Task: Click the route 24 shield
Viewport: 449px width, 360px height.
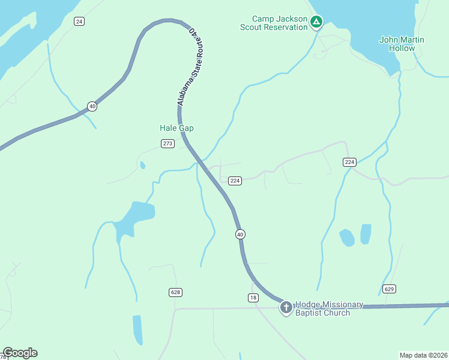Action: click(x=79, y=22)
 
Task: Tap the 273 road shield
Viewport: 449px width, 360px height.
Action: click(x=167, y=143)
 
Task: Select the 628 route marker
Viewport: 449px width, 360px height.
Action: click(x=175, y=292)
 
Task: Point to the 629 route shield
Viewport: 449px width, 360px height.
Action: click(x=389, y=289)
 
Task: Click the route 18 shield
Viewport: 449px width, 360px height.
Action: click(x=253, y=298)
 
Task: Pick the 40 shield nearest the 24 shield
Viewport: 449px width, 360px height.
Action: click(x=92, y=106)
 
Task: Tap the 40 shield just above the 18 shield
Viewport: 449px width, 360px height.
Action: click(x=240, y=234)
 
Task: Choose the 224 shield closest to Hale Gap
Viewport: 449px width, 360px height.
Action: click(x=235, y=181)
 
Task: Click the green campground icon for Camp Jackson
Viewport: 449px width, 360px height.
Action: click(x=316, y=23)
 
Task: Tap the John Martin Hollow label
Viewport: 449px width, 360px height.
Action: click(x=402, y=44)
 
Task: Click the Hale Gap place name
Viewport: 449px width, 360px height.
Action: click(x=176, y=128)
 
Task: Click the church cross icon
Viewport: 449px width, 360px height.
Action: click(x=286, y=308)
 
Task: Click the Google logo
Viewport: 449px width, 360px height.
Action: click(x=20, y=353)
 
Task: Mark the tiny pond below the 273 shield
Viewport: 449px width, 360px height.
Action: click(x=142, y=165)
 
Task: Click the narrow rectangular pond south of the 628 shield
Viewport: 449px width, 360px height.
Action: click(x=137, y=329)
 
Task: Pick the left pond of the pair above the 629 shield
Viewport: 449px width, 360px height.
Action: click(x=346, y=238)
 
